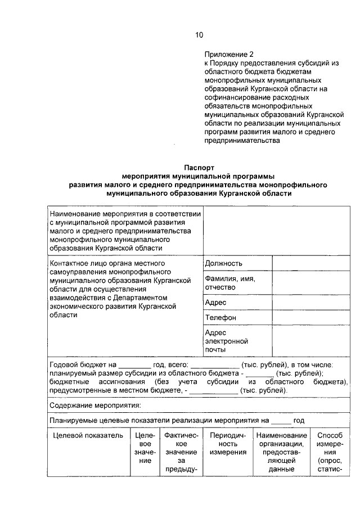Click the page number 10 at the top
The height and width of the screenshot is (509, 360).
[x=199, y=35]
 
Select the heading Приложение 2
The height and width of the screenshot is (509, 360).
[x=229, y=55]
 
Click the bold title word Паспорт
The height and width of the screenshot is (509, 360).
[x=199, y=168]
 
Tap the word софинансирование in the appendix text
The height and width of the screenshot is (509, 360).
[x=235, y=97]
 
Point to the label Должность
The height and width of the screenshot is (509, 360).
[x=223, y=263]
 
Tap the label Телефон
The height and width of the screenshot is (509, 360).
[x=220, y=318]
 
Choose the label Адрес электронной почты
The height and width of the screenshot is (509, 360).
[x=227, y=341]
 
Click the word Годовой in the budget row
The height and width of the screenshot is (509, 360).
[x=65, y=364]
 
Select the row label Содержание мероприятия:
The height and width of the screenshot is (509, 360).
[x=94, y=405]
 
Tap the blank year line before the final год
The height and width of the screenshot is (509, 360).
[x=281, y=420]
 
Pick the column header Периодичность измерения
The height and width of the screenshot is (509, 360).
[x=228, y=444]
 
